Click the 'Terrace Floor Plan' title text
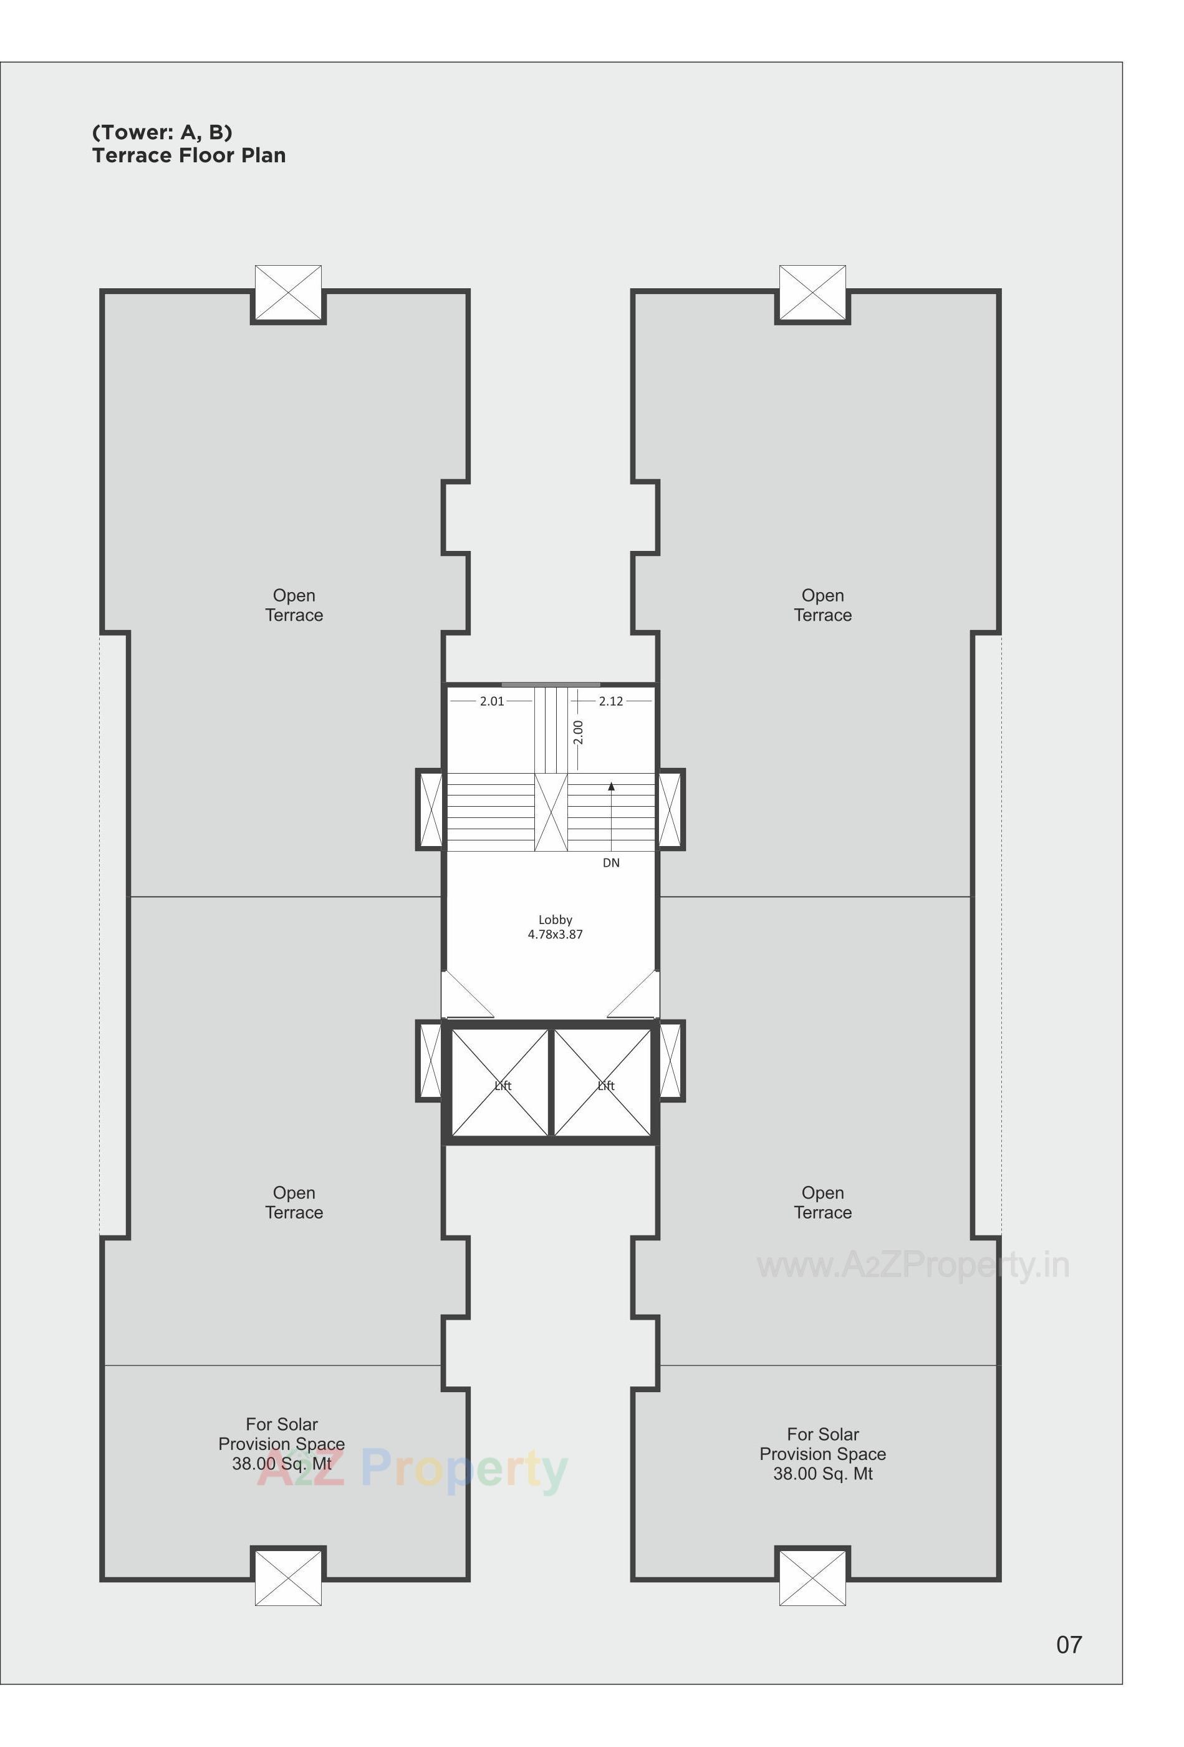point(188,155)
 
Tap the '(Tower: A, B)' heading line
point(162,132)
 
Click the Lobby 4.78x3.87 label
point(555,927)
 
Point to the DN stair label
point(611,863)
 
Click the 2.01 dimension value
point(492,701)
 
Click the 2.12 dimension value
point(611,701)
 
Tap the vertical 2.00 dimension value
point(578,732)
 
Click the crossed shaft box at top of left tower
point(287,293)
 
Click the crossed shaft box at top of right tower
point(812,293)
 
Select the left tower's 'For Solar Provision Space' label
point(282,1444)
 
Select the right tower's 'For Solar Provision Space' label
point(822,1454)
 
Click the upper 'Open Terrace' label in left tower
point(294,605)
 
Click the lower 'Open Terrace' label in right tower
point(822,1203)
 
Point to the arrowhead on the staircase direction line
point(612,787)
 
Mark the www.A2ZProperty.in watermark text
point(913,1265)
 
